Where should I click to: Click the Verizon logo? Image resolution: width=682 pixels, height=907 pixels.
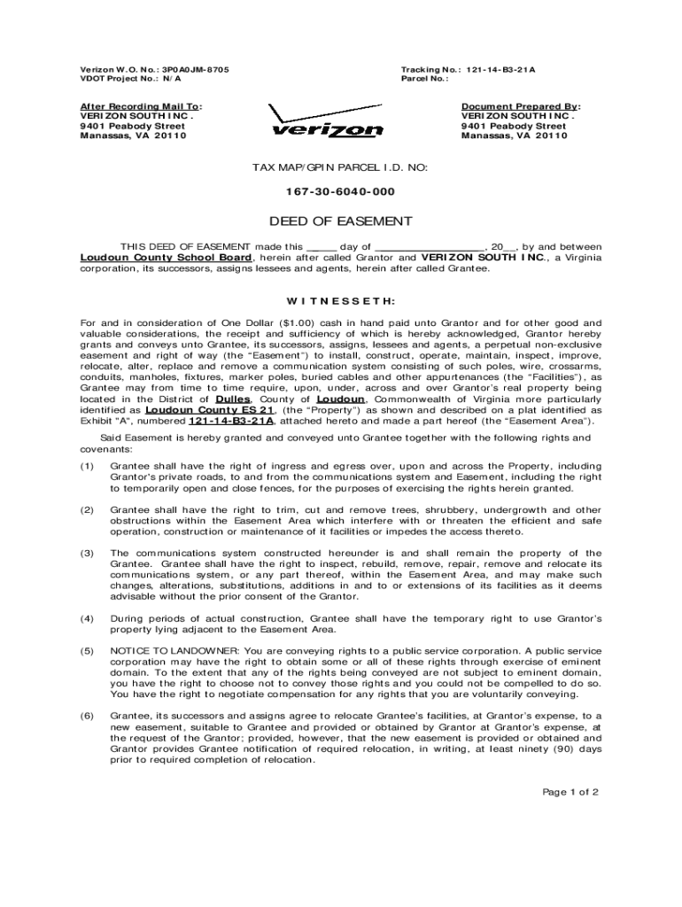[x=327, y=123]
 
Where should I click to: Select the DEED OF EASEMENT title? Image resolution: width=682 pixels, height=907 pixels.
[x=341, y=221]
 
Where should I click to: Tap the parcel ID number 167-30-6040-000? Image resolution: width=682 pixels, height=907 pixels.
[x=341, y=192]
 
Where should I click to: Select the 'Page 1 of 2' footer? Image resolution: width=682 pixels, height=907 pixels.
[x=571, y=792]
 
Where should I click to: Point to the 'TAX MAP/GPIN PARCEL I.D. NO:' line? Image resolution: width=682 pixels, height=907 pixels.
[x=341, y=167]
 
